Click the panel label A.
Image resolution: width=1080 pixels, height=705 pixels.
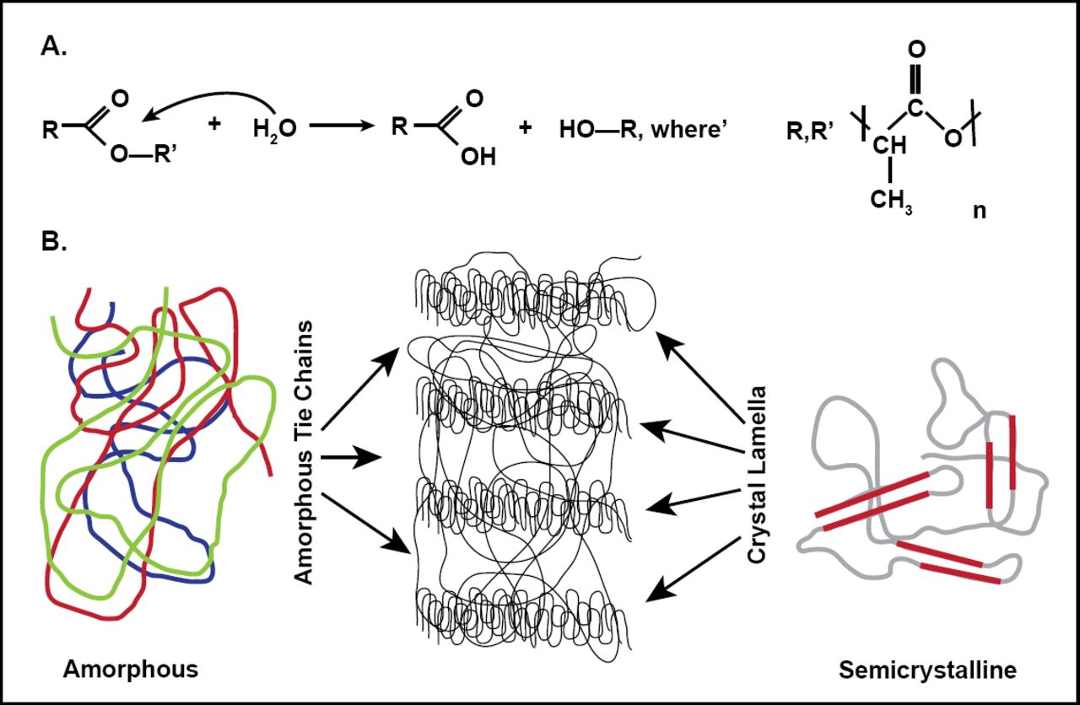tap(53, 47)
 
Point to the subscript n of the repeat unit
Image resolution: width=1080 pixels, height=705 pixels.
tap(979, 212)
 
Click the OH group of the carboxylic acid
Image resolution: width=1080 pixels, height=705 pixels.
tap(478, 157)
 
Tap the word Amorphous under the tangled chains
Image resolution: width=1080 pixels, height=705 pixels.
tap(131, 670)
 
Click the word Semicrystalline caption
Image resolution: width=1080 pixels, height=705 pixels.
tap(927, 671)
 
